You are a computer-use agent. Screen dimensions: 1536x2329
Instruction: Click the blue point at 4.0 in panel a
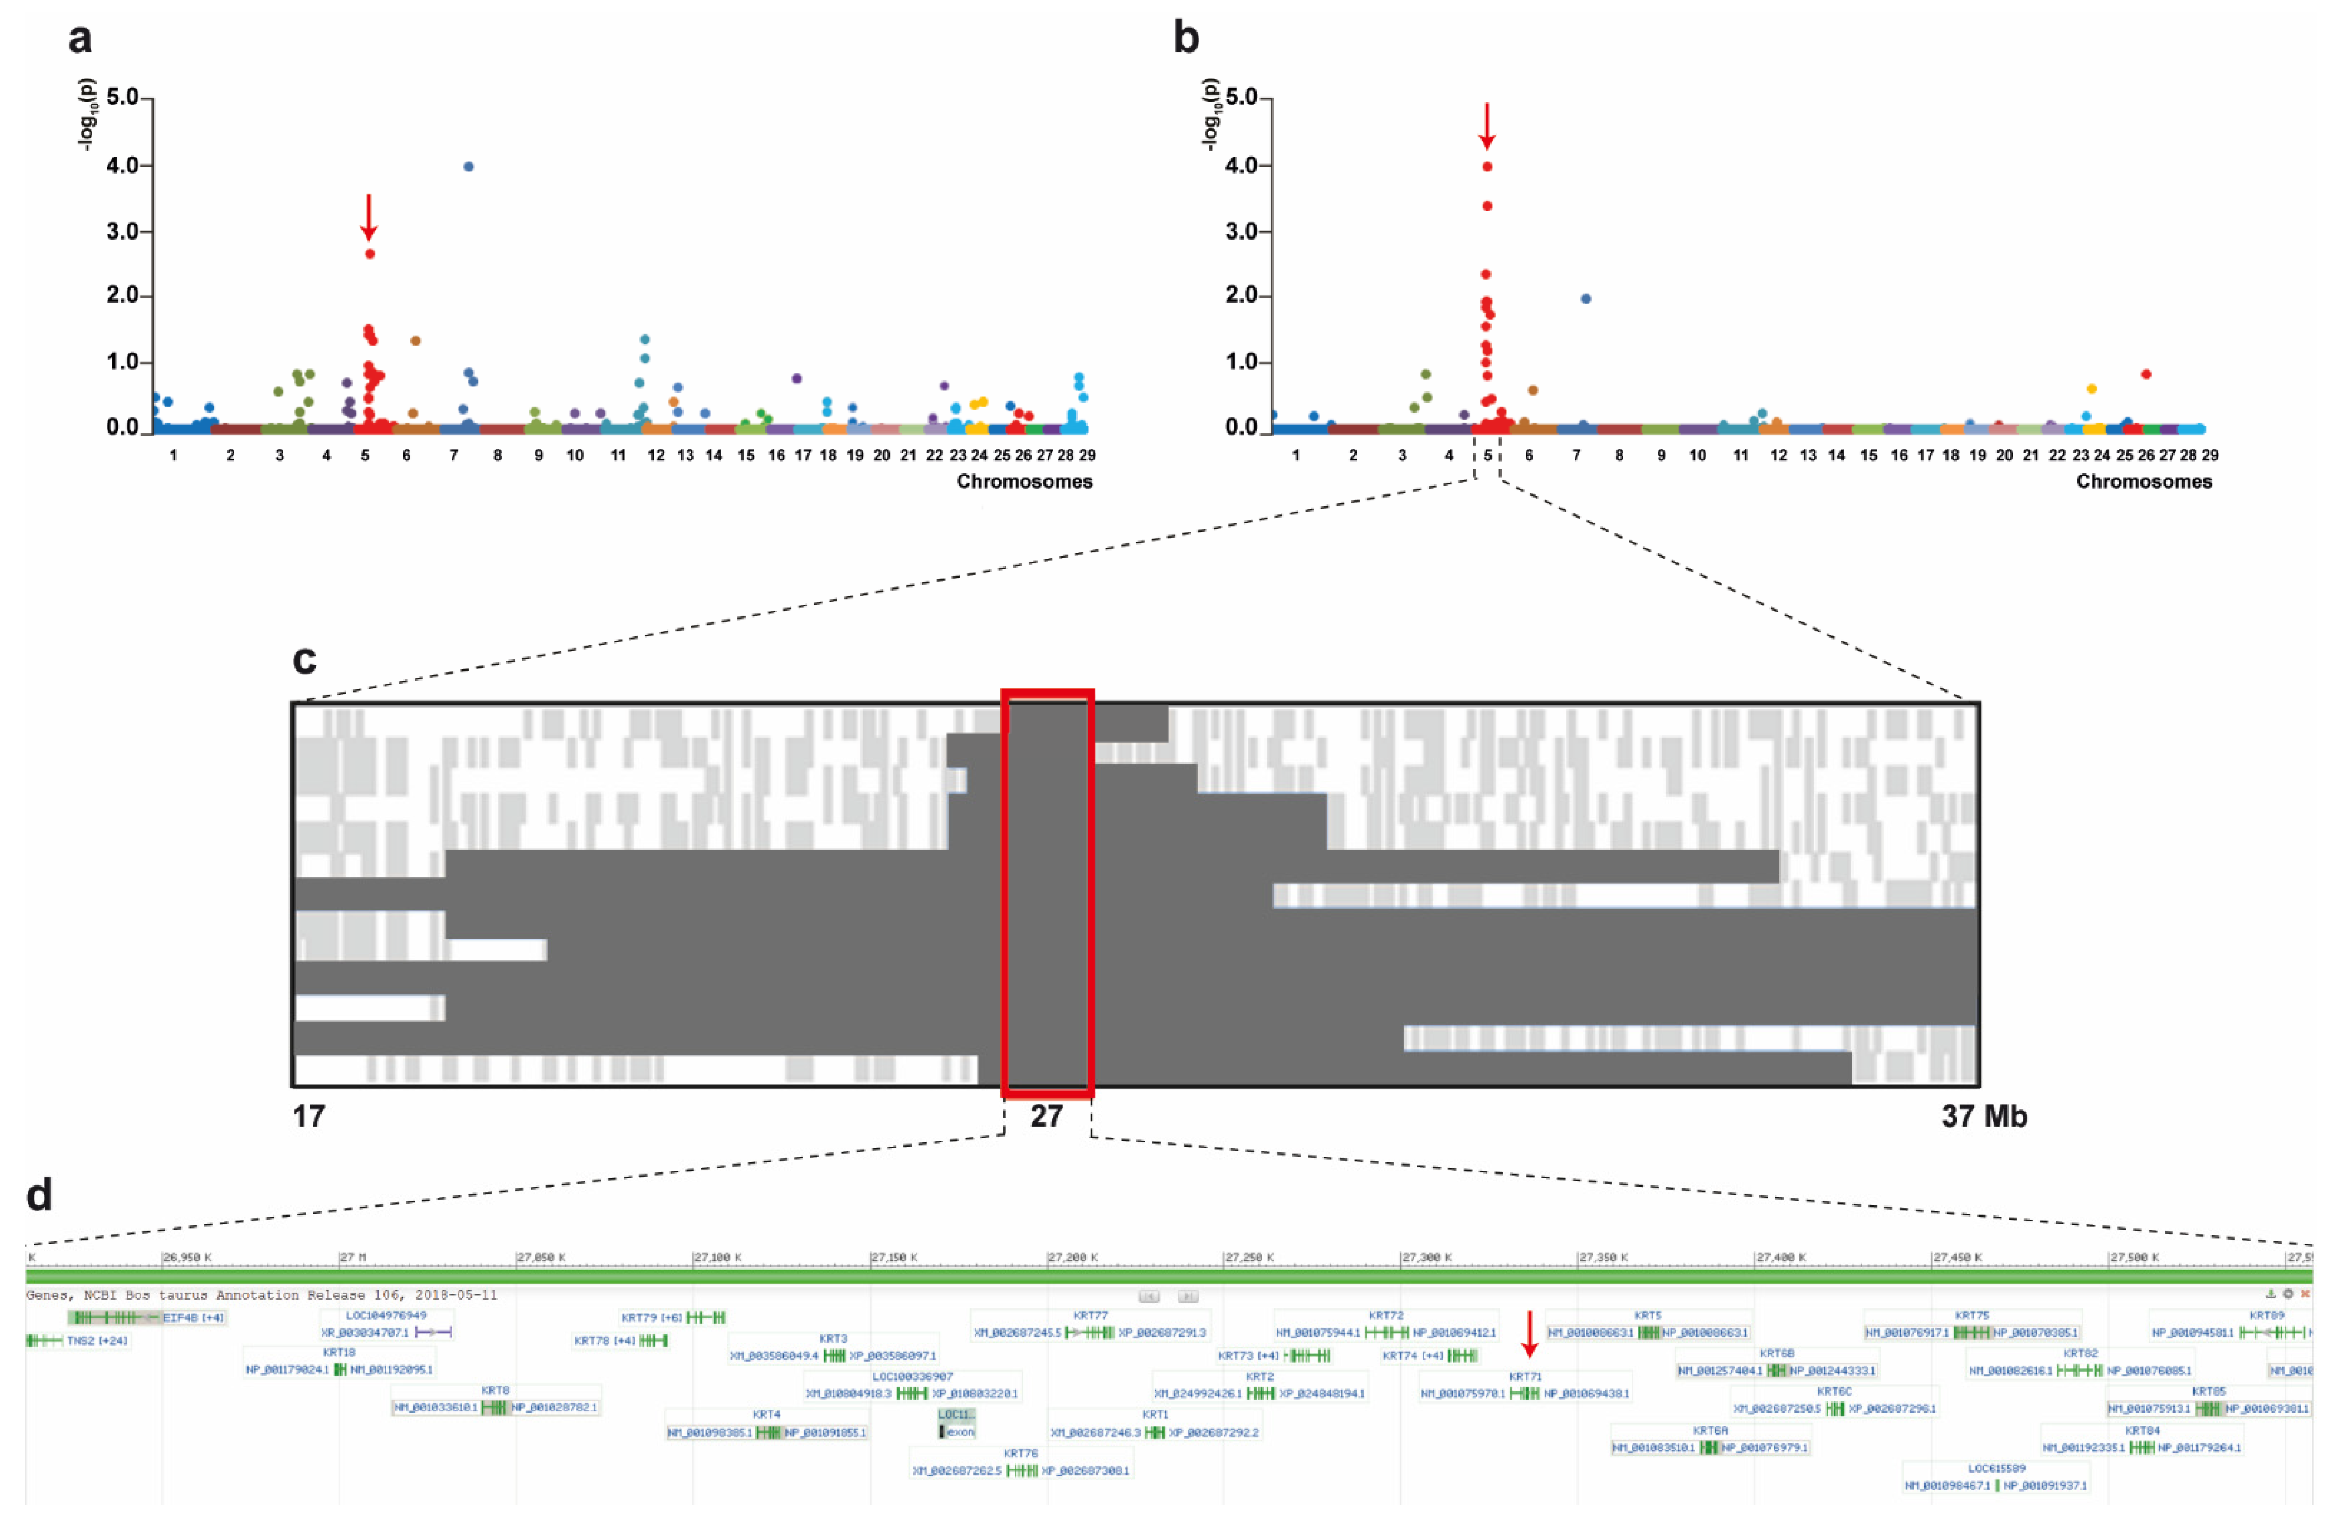click(x=469, y=167)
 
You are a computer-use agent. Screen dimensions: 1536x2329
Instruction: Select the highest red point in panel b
click(x=1487, y=167)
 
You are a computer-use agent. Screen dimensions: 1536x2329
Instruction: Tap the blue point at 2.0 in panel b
click(x=1586, y=299)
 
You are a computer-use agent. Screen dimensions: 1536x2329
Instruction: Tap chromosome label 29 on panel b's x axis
click(x=2210, y=456)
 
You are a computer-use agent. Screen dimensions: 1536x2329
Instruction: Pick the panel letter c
click(x=305, y=660)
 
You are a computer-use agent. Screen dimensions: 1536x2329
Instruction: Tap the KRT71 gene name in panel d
click(x=1525, y=1376)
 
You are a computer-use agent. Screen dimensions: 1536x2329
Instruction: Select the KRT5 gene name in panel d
click(x=1648, y=1316)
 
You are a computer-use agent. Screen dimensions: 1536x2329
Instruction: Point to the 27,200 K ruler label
click(x=1073, y=1257)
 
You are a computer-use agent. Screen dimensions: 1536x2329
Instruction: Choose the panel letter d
click(x=39, y=1195)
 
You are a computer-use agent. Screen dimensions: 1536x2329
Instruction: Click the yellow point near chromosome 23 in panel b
click(x=2091, y=389)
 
